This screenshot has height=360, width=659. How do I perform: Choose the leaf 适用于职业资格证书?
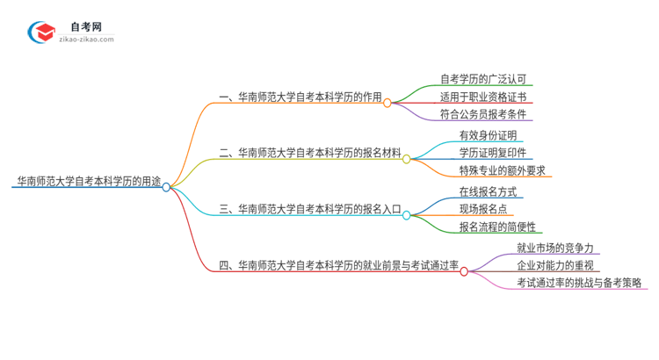484,97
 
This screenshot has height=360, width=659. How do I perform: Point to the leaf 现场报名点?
484,208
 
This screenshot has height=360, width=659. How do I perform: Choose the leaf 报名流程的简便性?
497,227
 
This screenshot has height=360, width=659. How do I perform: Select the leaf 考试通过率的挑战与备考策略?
579,283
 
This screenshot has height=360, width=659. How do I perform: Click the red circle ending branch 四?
464,271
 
